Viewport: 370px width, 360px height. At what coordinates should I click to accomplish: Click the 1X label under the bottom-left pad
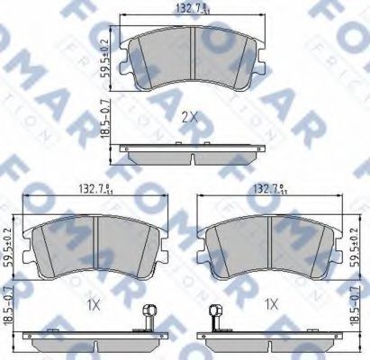[94, 304]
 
